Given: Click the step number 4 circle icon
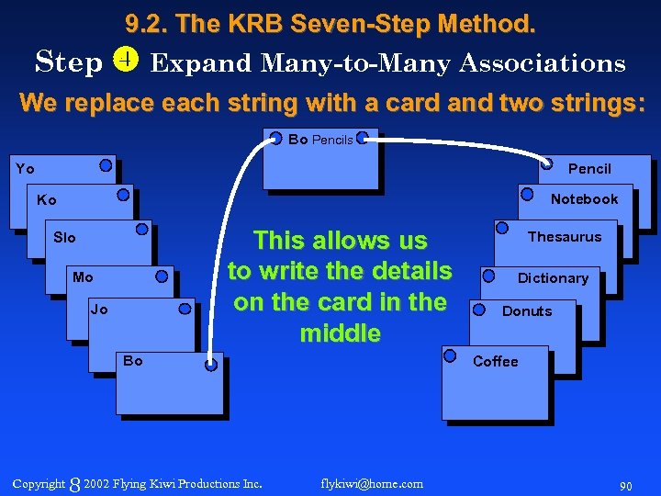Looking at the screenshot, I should [x=125, y=62].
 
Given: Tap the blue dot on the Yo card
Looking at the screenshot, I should [x=106, y=166].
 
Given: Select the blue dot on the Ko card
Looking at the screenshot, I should [x=123, y=195].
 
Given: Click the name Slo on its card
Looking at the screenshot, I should [x=64, y=238].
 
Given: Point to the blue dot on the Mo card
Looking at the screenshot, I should [x=162, y=275].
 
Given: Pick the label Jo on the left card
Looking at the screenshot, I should [x=99, y=310].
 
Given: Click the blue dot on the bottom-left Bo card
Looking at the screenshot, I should [x=211, y=364].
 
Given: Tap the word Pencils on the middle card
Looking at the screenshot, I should [x=332, y=141].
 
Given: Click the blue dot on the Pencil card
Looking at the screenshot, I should [x=547, y=164].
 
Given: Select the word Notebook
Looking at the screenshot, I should [x=584, y=199].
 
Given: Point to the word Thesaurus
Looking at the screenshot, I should [x=565, y=237].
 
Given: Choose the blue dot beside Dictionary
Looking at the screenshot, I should [x=488, y=275].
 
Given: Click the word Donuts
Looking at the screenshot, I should [x=527, y=311].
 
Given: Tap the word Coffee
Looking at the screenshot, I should [x=496, y=362].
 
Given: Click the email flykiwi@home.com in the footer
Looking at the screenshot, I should [x=373, y=483].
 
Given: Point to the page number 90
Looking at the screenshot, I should [x=625, y=485].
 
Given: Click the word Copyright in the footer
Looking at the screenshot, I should [x=39, y=483].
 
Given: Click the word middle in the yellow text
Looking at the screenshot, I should [x=340, y=333].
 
